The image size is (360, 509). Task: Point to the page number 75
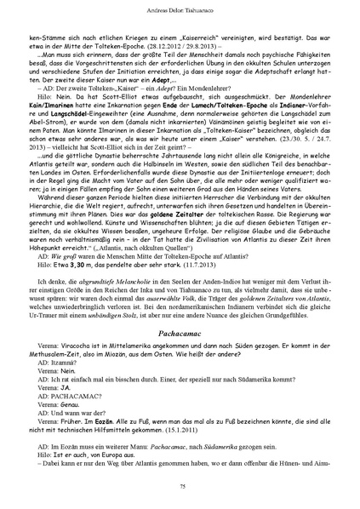click(x=180, y=485)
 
